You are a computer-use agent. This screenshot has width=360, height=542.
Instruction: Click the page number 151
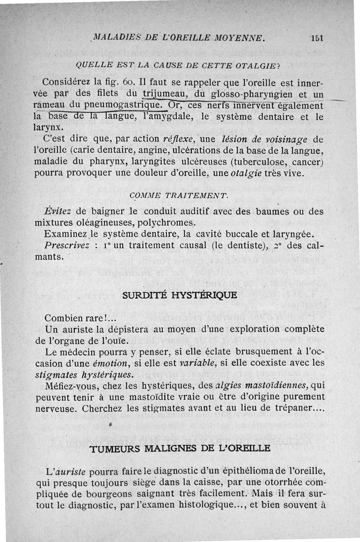pos(318,38)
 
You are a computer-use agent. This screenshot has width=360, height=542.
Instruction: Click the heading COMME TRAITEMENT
pos(179,195)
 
